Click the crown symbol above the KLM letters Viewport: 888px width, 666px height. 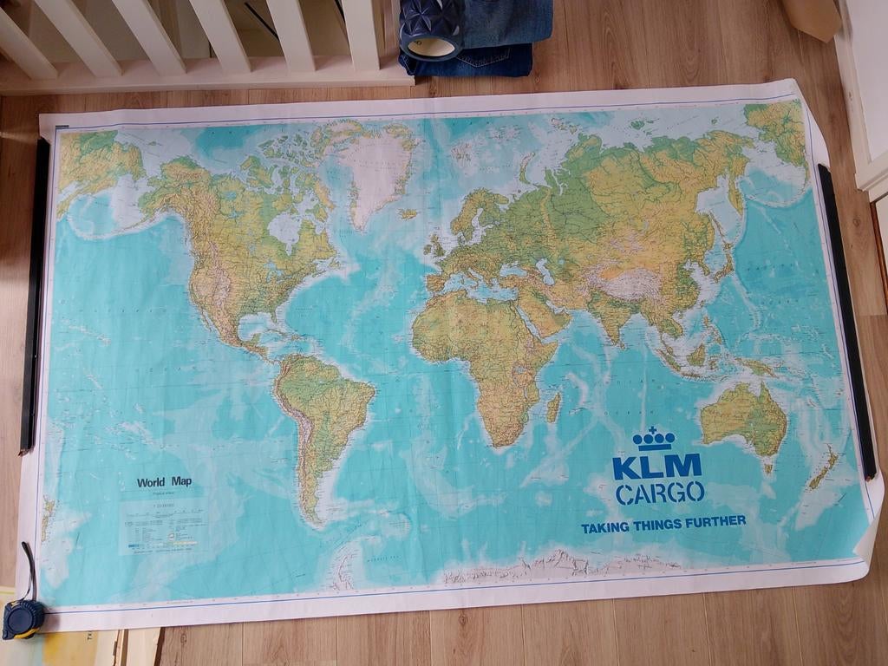[654, 439]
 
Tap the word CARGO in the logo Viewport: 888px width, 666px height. [659, 493]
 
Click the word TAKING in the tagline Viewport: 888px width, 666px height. [605, 527]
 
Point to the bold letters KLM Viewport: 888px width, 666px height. [656, 467]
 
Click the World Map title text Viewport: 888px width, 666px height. [164, 482]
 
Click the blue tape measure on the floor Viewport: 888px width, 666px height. [22, 617]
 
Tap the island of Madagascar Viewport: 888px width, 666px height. [554, 406]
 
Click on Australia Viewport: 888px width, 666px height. [743, 419]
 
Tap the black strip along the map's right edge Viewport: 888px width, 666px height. [847, 321]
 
